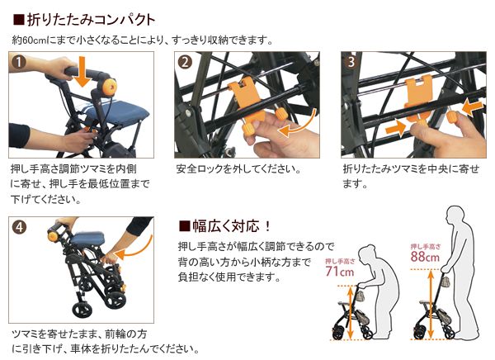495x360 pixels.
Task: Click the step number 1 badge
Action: pos(19,63)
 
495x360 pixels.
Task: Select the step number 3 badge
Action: pos(351,63)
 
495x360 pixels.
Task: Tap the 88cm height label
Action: pos(424,255)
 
